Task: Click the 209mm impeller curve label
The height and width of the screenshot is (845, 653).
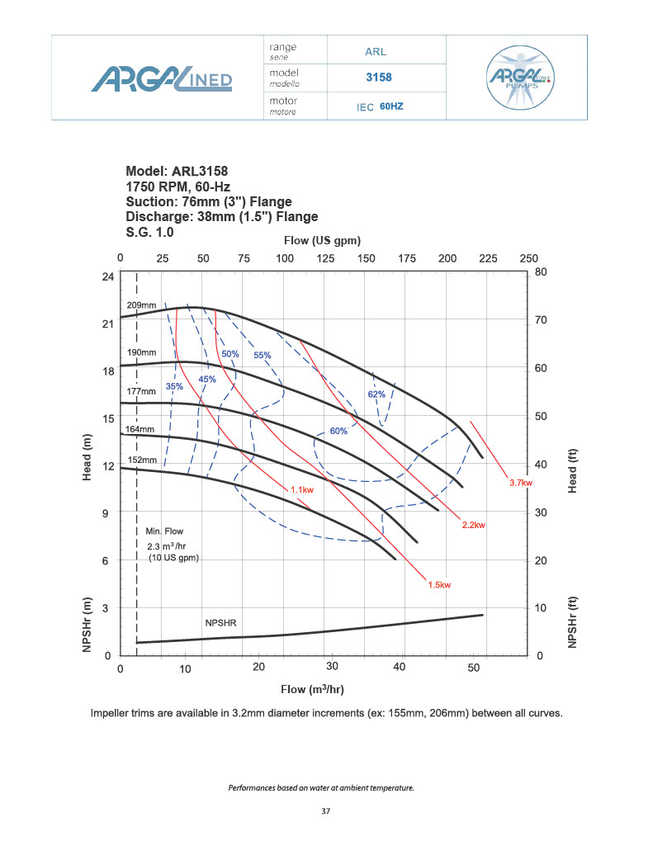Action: pos(141,305)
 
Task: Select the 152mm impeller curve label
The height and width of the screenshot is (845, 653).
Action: pos(141,460)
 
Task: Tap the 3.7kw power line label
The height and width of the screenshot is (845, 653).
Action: pos(522,483)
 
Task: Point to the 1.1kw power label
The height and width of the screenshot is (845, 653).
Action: pos(301,490)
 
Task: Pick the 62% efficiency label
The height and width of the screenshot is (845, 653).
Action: pos(376,394)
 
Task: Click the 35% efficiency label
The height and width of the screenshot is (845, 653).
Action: pos(174,386)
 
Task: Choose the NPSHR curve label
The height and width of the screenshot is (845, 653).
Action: pos(220,622)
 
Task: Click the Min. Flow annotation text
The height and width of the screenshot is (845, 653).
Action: pos(165,531)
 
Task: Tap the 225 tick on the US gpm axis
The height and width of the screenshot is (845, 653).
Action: pos(488,258)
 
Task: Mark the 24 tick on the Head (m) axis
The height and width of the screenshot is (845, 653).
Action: pos(107,276)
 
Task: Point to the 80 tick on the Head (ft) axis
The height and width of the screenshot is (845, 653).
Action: pos(540,271)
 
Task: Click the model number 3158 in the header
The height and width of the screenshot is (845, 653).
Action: pos(378,78)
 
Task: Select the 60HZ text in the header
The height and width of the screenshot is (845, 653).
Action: pos(391,106)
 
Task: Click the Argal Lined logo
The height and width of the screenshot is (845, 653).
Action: pos(162,79)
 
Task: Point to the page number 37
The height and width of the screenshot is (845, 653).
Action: pos(326,811)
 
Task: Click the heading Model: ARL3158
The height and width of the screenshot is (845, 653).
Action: pos(177,172)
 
